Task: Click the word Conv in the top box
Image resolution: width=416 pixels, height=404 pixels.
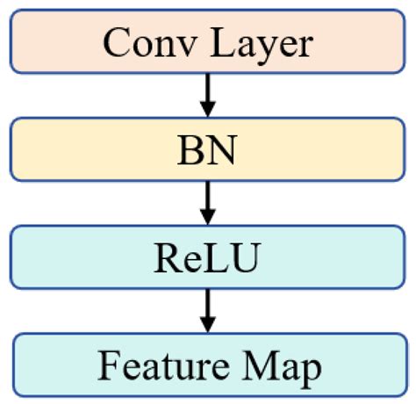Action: click(147, 42)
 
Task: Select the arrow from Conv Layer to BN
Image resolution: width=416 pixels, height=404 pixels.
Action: click(207, 95)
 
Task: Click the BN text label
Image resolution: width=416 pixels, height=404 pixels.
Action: click(207, 151)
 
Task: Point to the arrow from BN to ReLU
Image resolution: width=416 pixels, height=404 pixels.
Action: click(207, 202)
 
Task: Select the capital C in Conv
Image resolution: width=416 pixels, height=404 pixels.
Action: click(117, 42)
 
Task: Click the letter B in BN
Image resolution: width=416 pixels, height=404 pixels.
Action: click(192, 151)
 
